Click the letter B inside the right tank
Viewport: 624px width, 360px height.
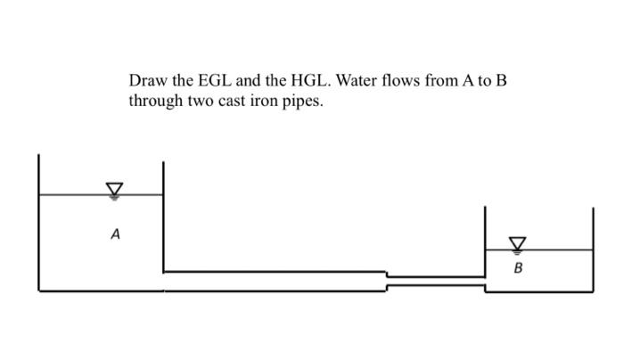coord(517,266)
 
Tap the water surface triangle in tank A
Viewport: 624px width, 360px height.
coord(114,189)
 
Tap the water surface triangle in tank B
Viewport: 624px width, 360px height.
coord(518,243)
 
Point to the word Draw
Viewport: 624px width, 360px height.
coord(147,81)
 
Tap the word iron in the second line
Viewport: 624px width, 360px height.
coord(266,102)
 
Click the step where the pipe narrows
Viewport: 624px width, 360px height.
coord(386,281)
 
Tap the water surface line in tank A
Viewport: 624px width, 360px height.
coord(71,194)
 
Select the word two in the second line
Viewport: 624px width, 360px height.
coord(200,102)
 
